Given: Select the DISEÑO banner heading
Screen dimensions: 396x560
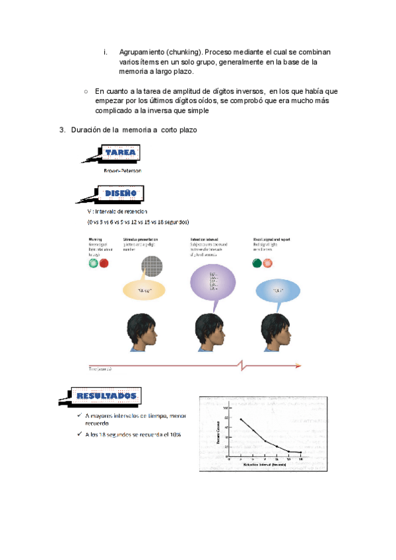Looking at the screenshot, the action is click(x=120, y=193).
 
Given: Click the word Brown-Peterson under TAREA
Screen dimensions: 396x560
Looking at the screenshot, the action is click(x=123, y=170).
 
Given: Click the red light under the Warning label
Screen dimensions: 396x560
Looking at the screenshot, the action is click(x=104, y=263).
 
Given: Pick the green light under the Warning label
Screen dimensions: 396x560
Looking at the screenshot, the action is click(x=93, y=263).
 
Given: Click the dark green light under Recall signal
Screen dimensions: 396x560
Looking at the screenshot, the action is click(x=256, y=263).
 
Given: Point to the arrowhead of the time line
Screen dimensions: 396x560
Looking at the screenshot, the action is click(x=300, y=365).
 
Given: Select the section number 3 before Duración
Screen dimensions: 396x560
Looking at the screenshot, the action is click(x=62, y=129).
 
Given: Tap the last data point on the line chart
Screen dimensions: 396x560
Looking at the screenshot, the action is click(x=301, y=452).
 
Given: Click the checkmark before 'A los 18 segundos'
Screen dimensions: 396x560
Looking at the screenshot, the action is click(x=79, y=435).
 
